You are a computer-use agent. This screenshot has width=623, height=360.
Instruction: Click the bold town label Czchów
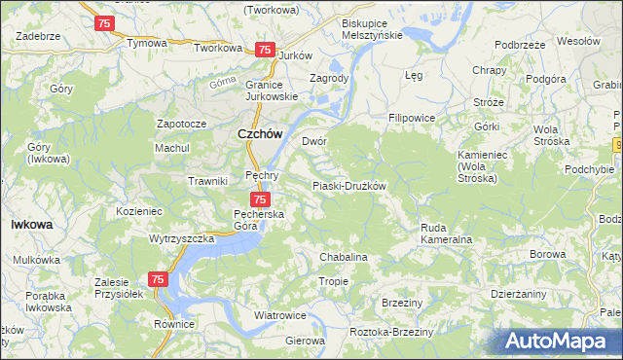pos(261,135)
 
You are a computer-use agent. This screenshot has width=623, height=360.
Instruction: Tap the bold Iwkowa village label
pos(31,224)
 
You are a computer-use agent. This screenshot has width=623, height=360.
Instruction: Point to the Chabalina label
pos(344,257)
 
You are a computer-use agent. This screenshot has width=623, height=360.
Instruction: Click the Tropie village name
pos(333,281)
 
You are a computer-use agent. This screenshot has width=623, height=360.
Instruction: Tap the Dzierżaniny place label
pos(518,292)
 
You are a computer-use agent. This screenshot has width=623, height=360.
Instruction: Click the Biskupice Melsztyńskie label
pos(372,28)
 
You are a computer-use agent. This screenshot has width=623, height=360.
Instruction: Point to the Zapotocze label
pos(182,125)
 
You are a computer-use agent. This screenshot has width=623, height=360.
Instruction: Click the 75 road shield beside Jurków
pos(263,50)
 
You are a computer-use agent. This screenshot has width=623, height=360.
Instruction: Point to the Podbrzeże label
pos(518,45)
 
